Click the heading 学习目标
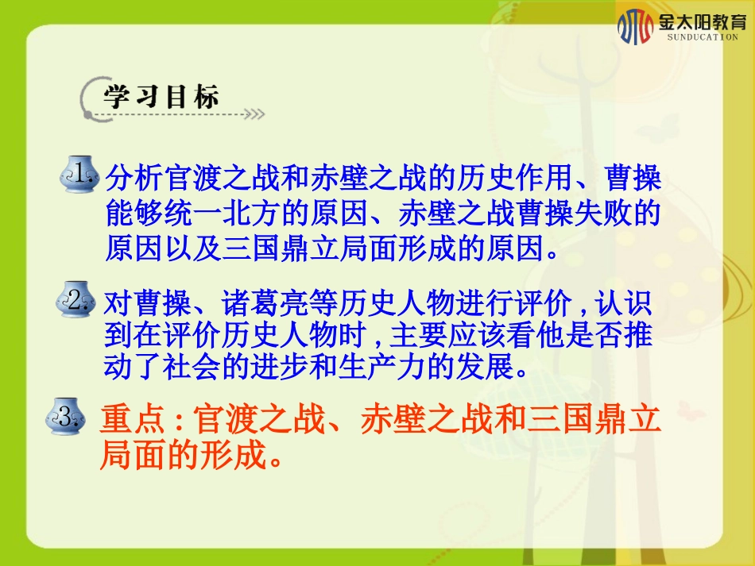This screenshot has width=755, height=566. pyautogui.click(x=161, y=98)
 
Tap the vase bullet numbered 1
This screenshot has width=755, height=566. pyautogui.click(x=80, y=175)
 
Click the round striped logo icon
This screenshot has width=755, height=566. pyautogui.click(x=635, y=26)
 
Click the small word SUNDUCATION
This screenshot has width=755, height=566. pyautogui.click(x=703, y=38)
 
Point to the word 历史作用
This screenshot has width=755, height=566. pyautogui.click(x=498, y=179)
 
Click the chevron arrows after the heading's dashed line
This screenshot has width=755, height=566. pyautogui.click(x=254, y=114)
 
